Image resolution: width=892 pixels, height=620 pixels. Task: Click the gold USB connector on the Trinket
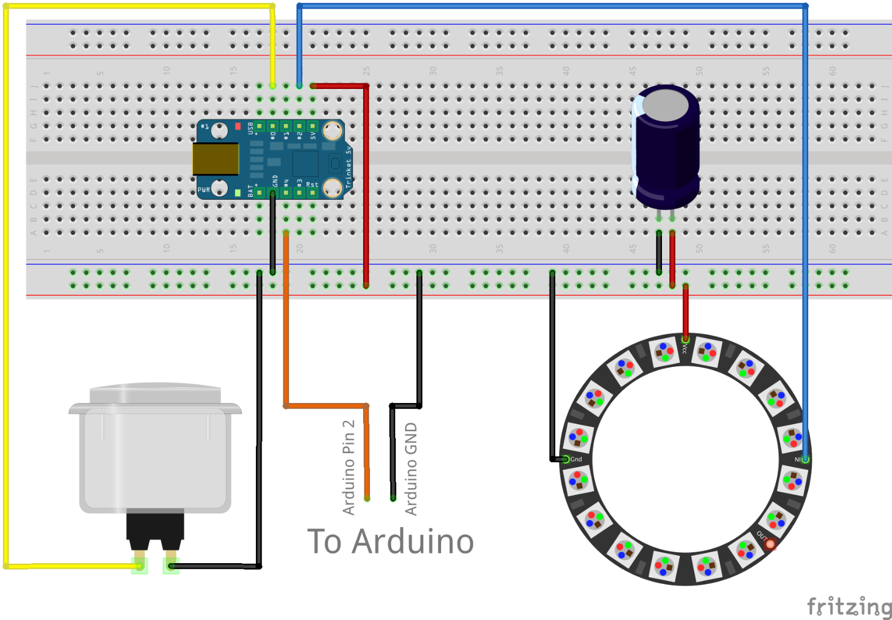[215, 159]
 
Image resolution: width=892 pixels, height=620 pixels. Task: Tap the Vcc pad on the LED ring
[685, 340]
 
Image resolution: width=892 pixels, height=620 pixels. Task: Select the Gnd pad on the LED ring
[566, 459]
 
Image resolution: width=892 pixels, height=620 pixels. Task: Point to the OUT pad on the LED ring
[770, 543]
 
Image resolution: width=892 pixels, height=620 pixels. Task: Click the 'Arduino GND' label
[411, 468]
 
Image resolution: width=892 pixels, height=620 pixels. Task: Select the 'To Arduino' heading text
[391, 541]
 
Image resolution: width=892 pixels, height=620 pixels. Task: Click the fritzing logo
[849, 606]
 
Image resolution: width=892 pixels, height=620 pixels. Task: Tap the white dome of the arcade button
[155, 394]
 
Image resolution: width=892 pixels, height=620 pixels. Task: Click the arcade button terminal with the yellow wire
[139, 565]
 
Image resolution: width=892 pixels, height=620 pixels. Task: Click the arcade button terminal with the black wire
[171, 565]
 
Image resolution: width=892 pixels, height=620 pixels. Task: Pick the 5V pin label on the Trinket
[313, 135]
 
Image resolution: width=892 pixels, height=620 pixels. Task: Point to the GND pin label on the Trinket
[275, 180]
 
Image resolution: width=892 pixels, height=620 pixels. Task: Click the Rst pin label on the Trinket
[311, 184]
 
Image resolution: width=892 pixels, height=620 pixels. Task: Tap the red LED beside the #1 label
[238, 126]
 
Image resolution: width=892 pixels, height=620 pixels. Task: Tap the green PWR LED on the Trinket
[237, 193]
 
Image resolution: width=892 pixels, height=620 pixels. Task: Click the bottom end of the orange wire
[367, 498]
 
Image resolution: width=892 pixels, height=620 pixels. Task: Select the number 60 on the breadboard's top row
[832, 71]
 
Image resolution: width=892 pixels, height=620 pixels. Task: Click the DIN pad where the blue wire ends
[805, 459]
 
